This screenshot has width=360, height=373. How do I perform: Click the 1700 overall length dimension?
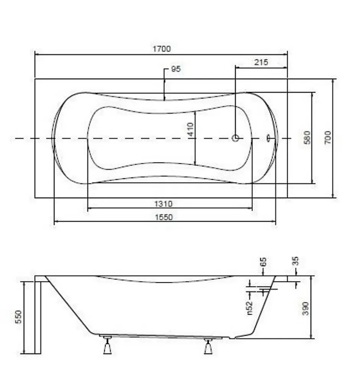[162, 49]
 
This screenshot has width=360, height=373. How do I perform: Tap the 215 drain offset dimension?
[261, 62]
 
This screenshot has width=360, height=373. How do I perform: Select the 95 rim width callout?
[176, 69]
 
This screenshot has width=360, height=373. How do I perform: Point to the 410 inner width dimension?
[190, 129]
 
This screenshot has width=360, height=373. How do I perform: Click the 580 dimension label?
[308, 137]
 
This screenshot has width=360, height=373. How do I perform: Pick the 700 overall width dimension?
[328, 137]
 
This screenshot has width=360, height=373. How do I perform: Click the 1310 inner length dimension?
[163, 204]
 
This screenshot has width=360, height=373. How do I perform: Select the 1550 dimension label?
[164, 217]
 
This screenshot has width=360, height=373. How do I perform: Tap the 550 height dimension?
[18, 317]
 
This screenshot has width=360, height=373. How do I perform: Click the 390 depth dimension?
[306, 308]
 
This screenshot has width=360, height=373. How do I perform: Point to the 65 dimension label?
[263, 262]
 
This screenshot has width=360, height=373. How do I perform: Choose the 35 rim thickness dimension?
[295, 261]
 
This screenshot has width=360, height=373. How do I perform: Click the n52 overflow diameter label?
[250, 308]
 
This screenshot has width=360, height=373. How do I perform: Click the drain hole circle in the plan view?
[236, 138]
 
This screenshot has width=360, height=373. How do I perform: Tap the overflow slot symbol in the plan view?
[268, 138]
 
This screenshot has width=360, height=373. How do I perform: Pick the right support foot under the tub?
[208, 346]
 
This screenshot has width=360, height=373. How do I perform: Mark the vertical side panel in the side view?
[38, 315]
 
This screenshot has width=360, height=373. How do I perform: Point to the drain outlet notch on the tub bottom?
[232, 337]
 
